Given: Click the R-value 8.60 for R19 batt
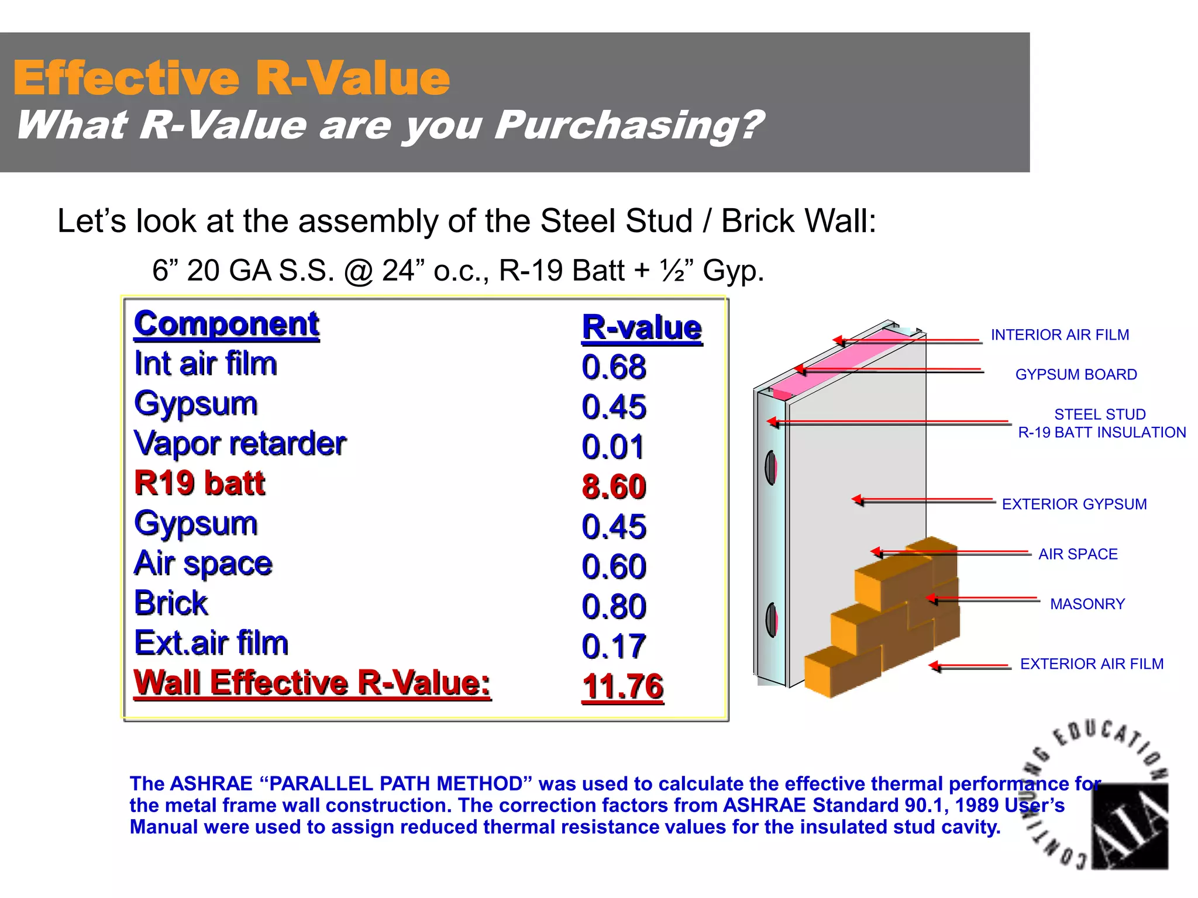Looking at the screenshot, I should point(614,486).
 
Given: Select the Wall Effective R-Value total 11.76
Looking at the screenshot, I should point(622,686).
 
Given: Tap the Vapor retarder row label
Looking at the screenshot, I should point(240,443).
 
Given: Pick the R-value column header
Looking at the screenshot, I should point(642,327).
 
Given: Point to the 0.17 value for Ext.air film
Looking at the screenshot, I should point(613,646).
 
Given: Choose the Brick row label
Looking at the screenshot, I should point(171,603).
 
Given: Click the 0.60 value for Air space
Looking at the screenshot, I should point(614,566).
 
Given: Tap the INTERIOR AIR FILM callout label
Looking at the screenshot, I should point(1059,335).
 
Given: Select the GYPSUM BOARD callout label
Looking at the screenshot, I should point(1076,375).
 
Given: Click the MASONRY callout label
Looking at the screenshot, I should point(1087,604).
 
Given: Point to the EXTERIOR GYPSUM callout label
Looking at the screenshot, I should point(1074,504).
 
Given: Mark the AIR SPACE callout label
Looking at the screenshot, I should point(1077,554).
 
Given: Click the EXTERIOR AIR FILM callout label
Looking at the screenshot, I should point(1092,664).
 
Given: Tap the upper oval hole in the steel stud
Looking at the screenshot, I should point(771,468).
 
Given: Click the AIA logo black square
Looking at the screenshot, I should point(1130,826).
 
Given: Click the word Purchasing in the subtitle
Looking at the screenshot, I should point(629,125).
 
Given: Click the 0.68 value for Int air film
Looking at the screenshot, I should point(614,367).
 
